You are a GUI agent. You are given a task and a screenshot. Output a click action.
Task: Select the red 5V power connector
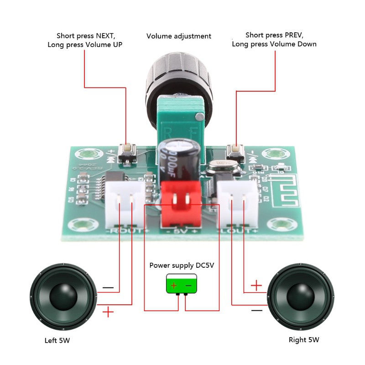tap(181, 203)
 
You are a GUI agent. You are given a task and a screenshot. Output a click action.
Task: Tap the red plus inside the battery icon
tap(173, 286)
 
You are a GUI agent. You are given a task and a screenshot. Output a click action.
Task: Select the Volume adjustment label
tap(179, 36)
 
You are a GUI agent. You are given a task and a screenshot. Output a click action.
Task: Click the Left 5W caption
tap(57, 340)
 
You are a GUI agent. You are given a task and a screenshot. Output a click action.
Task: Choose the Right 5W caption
tap(304, 339)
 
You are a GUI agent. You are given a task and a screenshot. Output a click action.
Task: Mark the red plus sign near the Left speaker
tap(108, 312)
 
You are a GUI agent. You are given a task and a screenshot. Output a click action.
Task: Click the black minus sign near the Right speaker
tap(257, 310)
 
